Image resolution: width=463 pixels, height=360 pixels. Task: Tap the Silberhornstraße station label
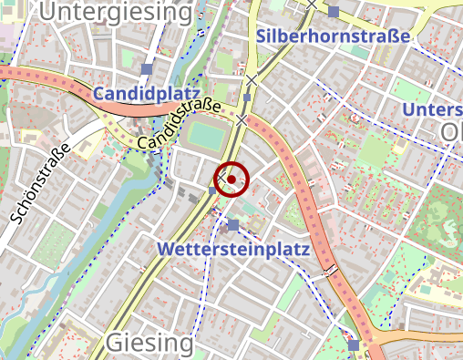333,36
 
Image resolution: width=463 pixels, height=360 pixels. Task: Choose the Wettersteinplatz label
234,249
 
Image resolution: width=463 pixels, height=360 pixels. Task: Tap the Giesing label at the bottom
149,343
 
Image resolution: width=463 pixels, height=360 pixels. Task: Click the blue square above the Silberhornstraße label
334,12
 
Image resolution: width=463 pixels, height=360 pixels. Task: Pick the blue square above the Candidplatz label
147,69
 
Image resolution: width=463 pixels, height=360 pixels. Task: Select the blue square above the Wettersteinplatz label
233,225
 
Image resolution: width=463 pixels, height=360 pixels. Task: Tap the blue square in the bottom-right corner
354,345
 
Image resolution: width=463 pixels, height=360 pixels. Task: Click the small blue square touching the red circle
213,190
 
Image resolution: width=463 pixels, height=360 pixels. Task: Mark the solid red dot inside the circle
231,179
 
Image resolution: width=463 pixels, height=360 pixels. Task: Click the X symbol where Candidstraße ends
242,119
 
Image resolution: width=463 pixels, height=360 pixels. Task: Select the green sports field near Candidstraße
208,138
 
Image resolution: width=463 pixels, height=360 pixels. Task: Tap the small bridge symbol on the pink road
330,269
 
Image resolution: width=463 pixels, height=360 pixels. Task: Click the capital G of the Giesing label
116,343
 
